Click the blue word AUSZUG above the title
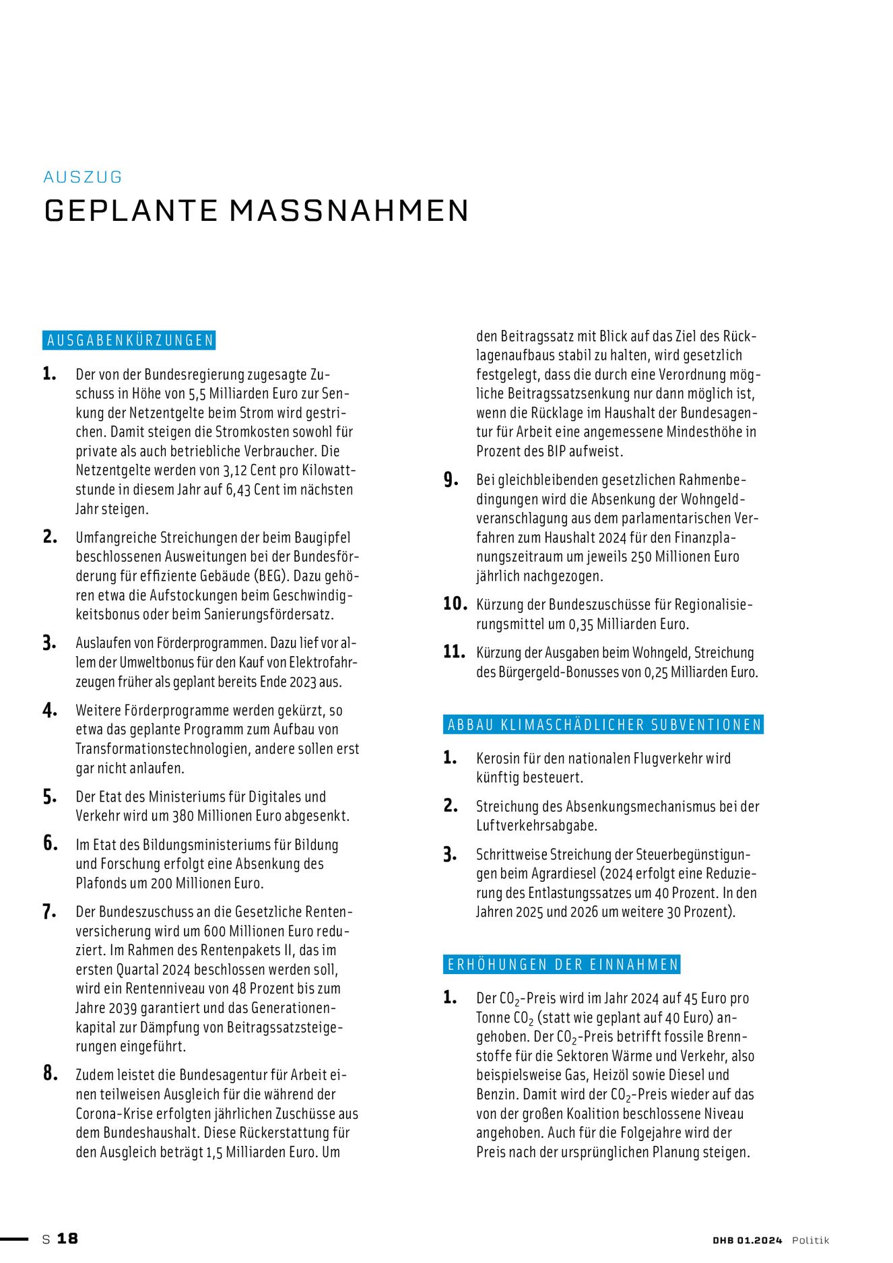tap(83, 177)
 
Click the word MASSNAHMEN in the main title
tap(348, 211)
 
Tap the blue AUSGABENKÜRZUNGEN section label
tap(129, 340)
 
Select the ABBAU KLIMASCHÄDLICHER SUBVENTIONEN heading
tap(604, 725)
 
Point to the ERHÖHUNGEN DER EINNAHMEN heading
tap(562, 965)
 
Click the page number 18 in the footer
tap(67, 1238)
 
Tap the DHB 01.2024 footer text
tap(748, 1240)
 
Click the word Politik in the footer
tap(810, 1240)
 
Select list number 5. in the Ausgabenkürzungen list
tap(50, 797)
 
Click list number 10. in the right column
tap(455, 604)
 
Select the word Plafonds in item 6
tap(102, 883)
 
